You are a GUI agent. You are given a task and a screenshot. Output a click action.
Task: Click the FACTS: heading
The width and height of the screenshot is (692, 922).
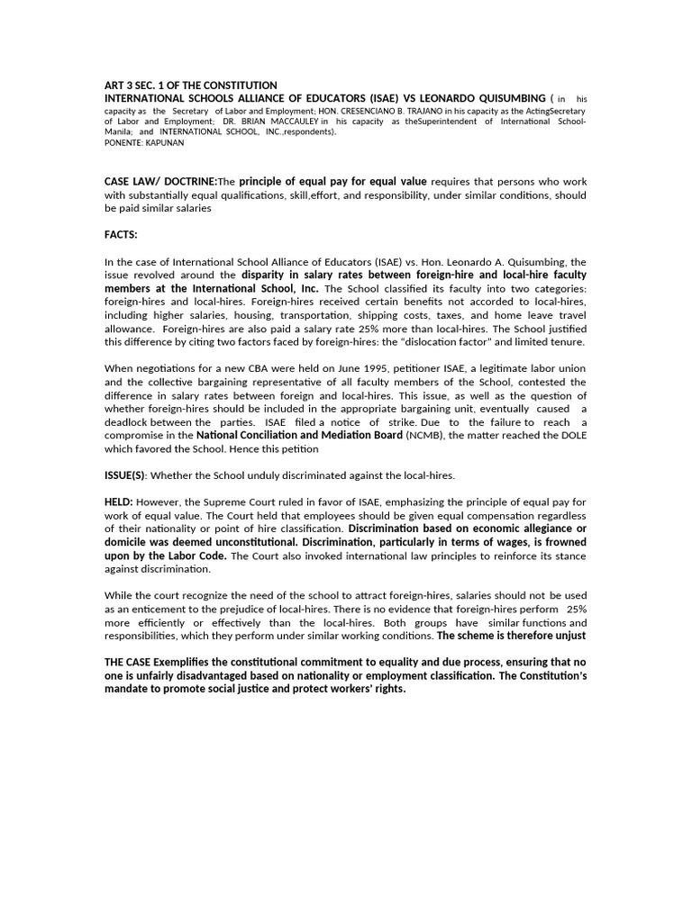coord(122,235)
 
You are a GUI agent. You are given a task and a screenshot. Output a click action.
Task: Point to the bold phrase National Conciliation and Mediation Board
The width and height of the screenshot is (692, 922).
coord(300,436)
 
